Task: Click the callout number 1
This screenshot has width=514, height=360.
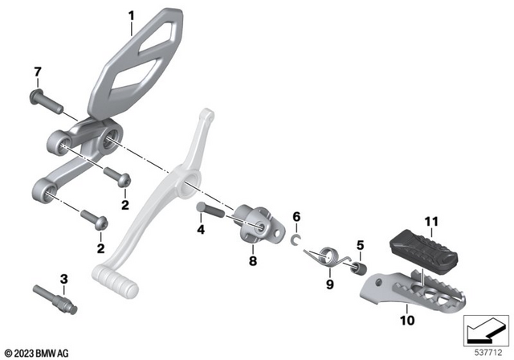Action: coord(132,14)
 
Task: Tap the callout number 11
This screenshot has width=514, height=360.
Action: coord(432,221)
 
